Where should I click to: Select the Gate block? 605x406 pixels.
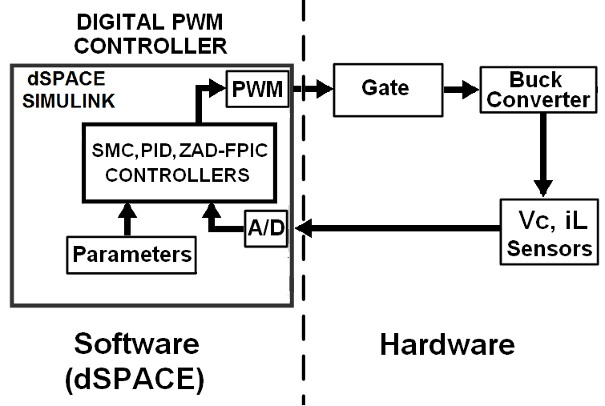pos(385,88)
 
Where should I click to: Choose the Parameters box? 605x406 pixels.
pos(132,254)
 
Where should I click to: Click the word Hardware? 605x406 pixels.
pos(446,345)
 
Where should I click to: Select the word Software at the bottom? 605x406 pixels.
pos(135,344)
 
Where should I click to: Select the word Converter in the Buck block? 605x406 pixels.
pos(538,99)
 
